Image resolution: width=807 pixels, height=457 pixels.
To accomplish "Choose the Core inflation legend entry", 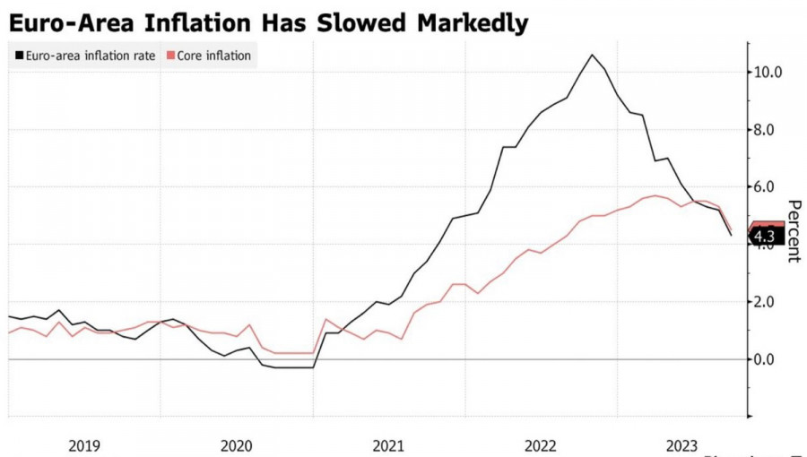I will click(x=213, y=56).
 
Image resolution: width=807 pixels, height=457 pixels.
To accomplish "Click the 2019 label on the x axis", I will click(x=84, y=444).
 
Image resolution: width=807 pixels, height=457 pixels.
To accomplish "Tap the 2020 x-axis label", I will click(x=237, y=444).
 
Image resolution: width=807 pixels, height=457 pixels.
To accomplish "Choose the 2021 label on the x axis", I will click(x=388, y=444).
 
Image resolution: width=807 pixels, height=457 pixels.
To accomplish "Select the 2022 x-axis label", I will click(x=541, y=444).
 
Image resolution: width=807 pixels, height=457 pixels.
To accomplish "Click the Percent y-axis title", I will click(x=793, y=229).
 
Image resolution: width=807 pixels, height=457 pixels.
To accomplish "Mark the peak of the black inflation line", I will click(x=592, y=55).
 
